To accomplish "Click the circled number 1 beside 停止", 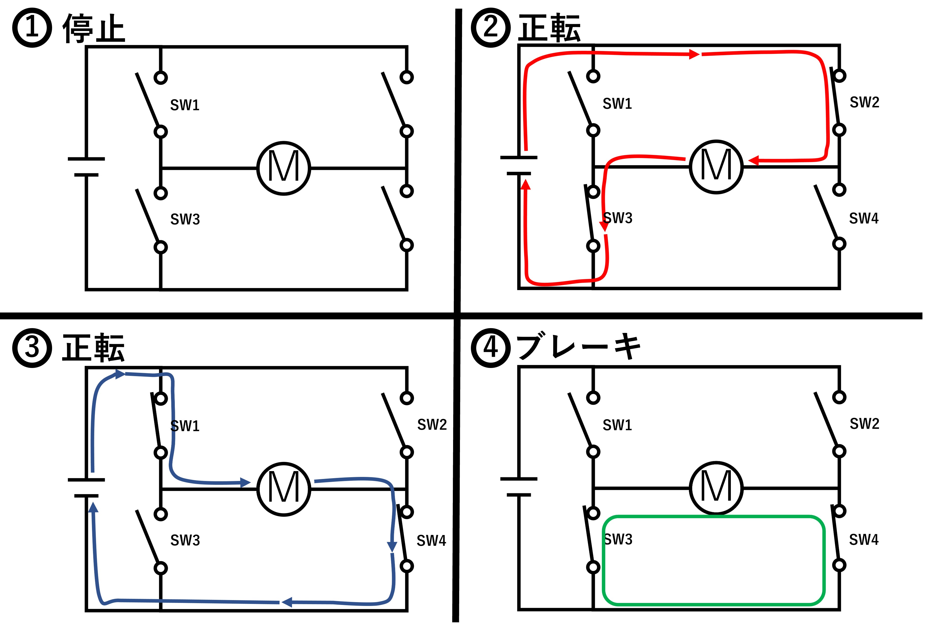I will click(32, 28).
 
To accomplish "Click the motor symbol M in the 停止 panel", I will click(284, 168).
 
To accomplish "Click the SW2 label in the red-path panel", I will click(864, 102).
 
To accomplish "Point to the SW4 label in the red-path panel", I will click(864, 218).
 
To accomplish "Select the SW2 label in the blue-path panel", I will click(432, 425).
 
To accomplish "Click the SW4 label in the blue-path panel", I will click(431, 540).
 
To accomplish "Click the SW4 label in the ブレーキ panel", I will click(864, 540).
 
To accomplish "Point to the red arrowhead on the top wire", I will click(694, 54).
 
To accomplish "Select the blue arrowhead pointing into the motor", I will click(245, 483).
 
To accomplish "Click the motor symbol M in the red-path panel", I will click(716, 166).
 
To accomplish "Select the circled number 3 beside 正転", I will click(32, 348).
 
